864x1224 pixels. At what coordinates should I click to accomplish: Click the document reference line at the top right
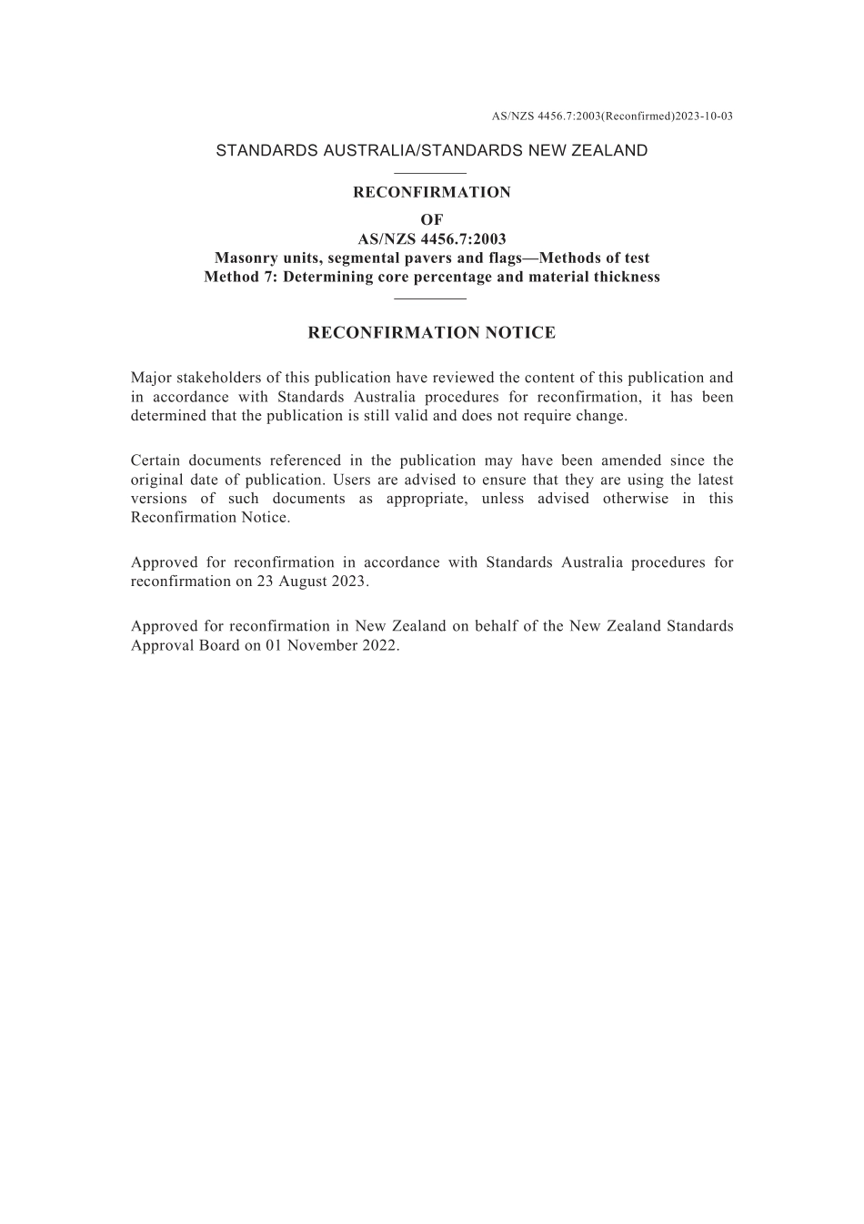pos(612,116)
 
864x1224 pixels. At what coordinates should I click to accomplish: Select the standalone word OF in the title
pos(432,219)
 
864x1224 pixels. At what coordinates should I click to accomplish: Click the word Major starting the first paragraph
pos(151,378)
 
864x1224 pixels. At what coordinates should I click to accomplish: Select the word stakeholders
pos(216,378)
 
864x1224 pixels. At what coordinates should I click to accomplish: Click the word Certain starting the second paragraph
pos(156,460)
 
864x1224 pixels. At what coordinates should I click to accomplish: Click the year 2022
pos(381,645)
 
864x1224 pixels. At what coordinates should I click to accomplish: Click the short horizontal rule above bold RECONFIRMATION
pos(431,173)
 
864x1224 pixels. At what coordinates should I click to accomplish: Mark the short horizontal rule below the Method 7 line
pos(431,298)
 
